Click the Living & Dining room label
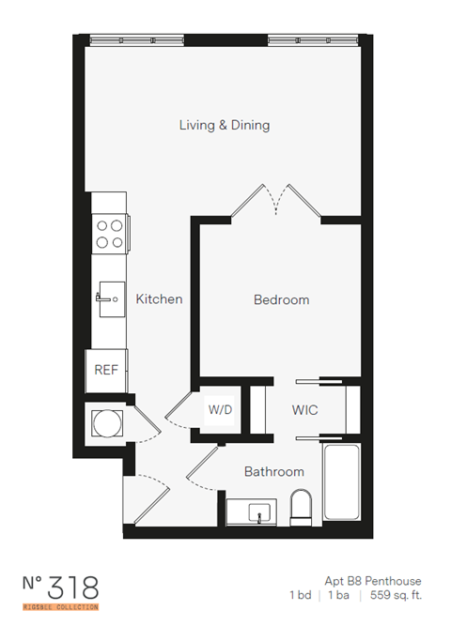(225, 125)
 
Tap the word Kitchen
(159, 299)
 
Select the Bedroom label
(281, 299)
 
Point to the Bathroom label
(274, 471)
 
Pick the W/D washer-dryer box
(221, 410)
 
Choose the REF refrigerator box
(106, 370)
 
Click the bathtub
(343, 487)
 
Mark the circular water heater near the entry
(104, 422)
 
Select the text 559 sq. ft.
(394, 596)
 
